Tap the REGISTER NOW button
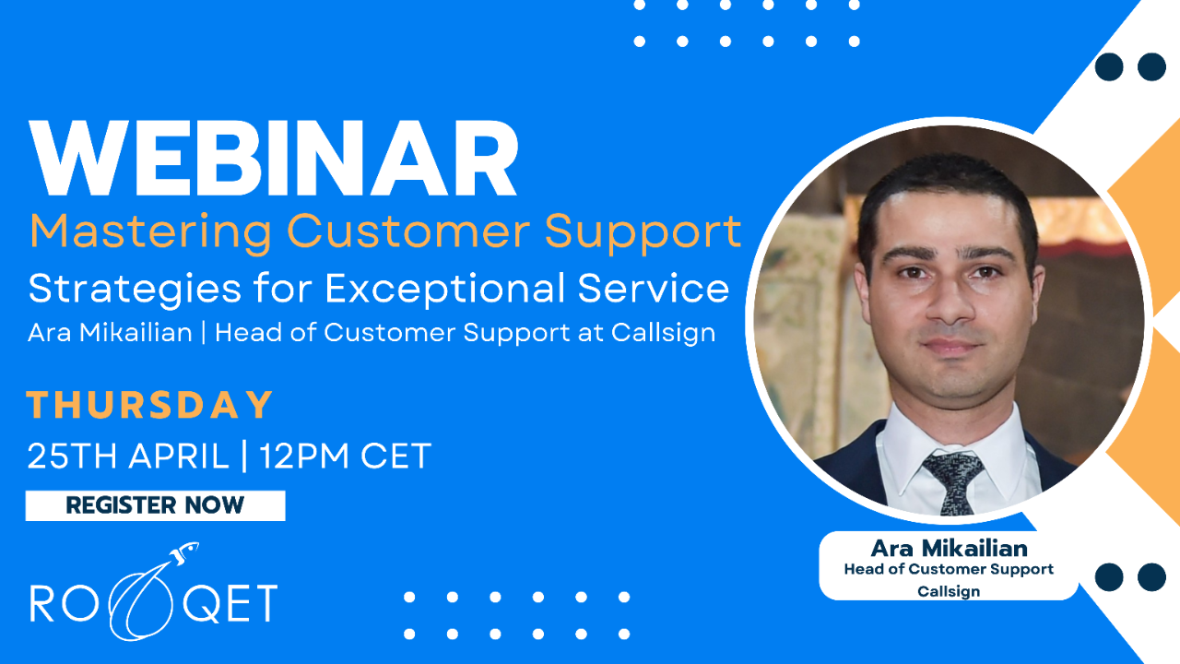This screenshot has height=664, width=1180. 155,505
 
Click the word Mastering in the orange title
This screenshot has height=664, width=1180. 150,231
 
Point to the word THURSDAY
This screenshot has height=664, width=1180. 150,405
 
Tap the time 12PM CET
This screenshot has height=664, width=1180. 345,456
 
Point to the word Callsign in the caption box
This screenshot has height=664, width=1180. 949,591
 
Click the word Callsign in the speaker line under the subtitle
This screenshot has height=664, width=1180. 663,333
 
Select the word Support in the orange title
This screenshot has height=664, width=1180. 643,231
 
